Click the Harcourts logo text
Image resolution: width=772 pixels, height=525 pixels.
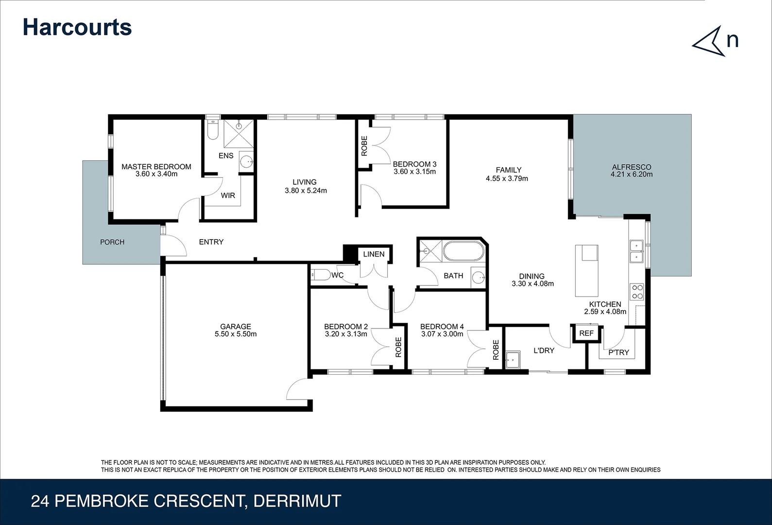[x=77, y=27]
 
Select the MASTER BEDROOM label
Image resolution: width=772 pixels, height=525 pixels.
[x=156, y=167]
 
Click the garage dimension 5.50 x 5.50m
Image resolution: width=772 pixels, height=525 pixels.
[x=236, y=334]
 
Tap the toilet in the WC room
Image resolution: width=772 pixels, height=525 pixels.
[x=320, y=275]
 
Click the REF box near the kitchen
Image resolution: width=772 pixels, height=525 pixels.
[x=586, y=333]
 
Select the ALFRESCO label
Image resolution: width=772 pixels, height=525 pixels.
[x=631, y=167]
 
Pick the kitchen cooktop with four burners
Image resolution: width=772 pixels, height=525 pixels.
[x=637, y=292]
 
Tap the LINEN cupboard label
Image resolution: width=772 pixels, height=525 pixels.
[x=374, y=254]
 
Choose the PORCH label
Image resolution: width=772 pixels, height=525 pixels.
[x=112, y=242]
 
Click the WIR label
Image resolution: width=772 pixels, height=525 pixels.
[x=228, y=195]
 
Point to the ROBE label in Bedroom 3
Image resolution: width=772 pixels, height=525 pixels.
[x=364, y=146]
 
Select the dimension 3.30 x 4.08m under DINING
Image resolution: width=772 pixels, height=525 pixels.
[x=532, y=284]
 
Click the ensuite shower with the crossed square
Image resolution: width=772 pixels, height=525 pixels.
[x=239, y=133]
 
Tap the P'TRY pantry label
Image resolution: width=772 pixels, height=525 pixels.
[x=618, y=352]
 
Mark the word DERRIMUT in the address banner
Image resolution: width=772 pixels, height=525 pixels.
[x=297, y=501]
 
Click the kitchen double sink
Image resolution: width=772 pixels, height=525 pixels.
[x=636, y=251]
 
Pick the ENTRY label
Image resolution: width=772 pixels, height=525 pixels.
[x=211, y=242]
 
